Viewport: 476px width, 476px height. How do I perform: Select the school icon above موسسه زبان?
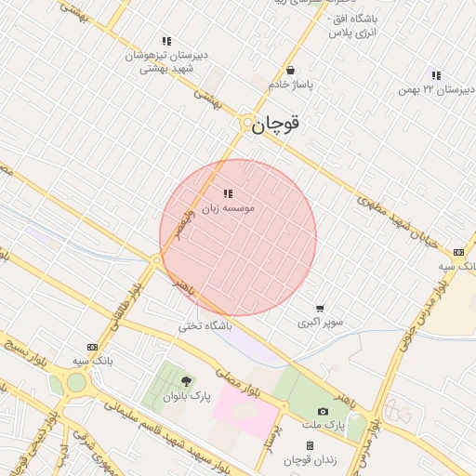tap(228, 194)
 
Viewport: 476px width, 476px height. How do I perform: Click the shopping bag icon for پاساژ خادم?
tap(291, 70)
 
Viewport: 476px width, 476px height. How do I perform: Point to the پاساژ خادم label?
tap(292, 85)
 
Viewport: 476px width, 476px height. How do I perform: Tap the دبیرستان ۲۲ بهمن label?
tap(430, 89)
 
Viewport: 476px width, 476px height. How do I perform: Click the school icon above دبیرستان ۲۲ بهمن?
tap(436, 75)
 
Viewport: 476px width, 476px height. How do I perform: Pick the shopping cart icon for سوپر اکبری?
tap(320, 309)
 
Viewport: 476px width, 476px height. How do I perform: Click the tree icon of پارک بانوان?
tap(186, 381)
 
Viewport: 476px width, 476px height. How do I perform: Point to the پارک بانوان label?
tap(187, 396)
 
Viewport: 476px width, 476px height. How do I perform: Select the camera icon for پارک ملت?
tap(323, 411)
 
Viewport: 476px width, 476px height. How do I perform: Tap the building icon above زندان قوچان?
tap(310, 447)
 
